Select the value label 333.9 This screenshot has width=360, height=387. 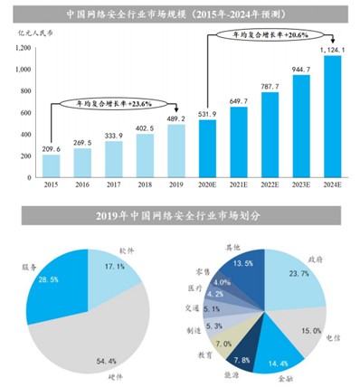pyautogui.click(x=114, y=135)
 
